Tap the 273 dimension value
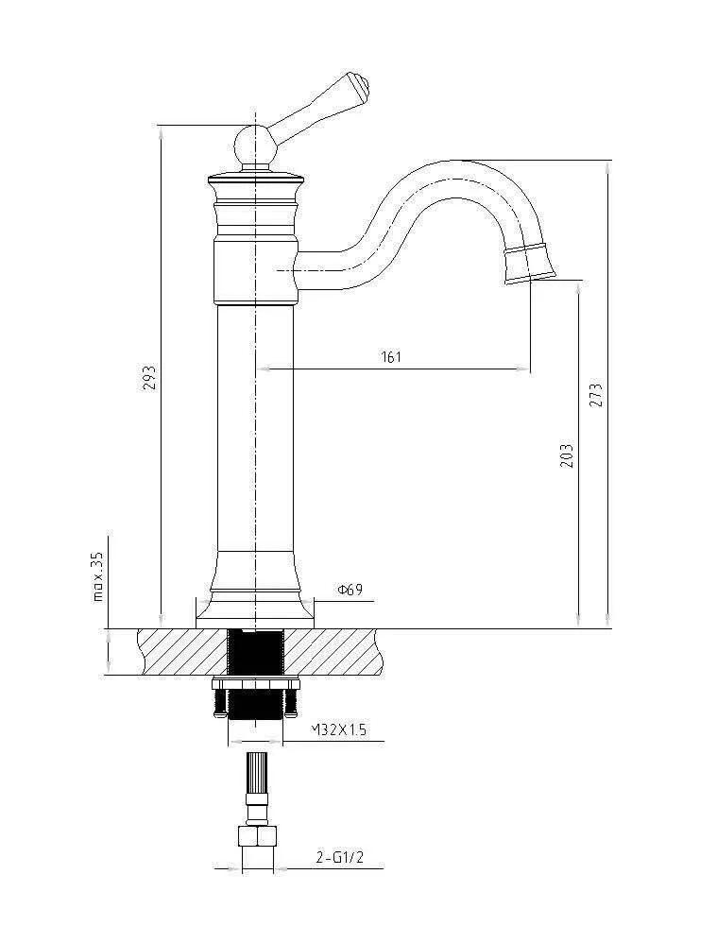(x=596, y=395)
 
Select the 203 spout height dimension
(x=566, y=457)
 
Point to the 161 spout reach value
(x=391, y=356)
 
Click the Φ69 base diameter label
(x=350, y=591)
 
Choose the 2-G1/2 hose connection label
(x=338, y=858)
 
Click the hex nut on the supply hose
(x=257, y=837)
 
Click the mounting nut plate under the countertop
(x=256, y=682)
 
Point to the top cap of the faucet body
(x=256, y=177)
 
